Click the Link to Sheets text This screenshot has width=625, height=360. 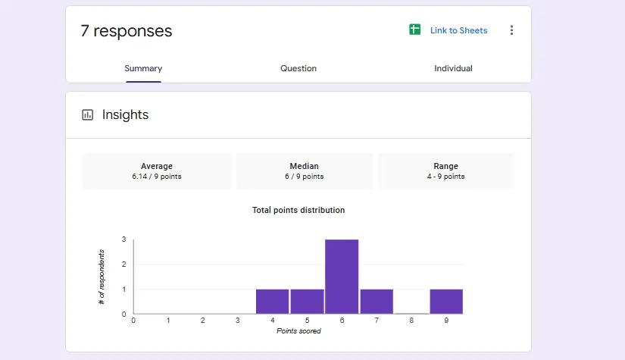pyautogui.click(x=458, y=31)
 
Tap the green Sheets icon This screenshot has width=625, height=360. pyautogui.click(x=414, y=30)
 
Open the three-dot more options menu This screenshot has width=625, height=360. pyautogui.click(x=511, y=30)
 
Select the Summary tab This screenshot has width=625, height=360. pyautogui.click(x=143, y=68)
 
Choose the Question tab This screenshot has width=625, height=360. pyautogui.click(x=298, y=68)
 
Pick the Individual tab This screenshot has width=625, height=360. pyautogui.click(x=453, y=68)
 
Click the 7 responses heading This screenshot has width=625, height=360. pyautogui.click(x=127, y=31)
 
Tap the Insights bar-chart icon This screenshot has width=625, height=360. pyautogui.click(x=88, y=115)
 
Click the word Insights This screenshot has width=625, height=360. pyautogui.click(x=126, y=115)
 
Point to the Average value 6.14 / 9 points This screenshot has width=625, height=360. pyautogui.click(x=157, y=177)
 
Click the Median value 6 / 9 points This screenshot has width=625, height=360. pyautogui.click(x=304, y=177)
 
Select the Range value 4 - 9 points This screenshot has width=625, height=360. pyautogui.click(x=445, y=177)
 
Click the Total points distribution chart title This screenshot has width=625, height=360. pyautogui.click(x=298, y=210)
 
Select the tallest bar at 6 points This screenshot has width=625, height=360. pyautogui.click(x=342, y=277)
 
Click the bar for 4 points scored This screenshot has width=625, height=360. pyautogui.click(x=272, y=302)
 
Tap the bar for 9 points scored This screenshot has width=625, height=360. pyautogui.click(x=446, y=302)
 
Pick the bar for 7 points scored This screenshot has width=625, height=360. pyautogui.click(x=377, y=302)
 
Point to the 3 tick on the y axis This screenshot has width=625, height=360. pyautogui.click(x=124, y=239)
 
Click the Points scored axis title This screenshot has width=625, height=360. pyautogui.click(x=298, y=331)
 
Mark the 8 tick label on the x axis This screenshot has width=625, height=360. pyautogui.click(x=411, y=321)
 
